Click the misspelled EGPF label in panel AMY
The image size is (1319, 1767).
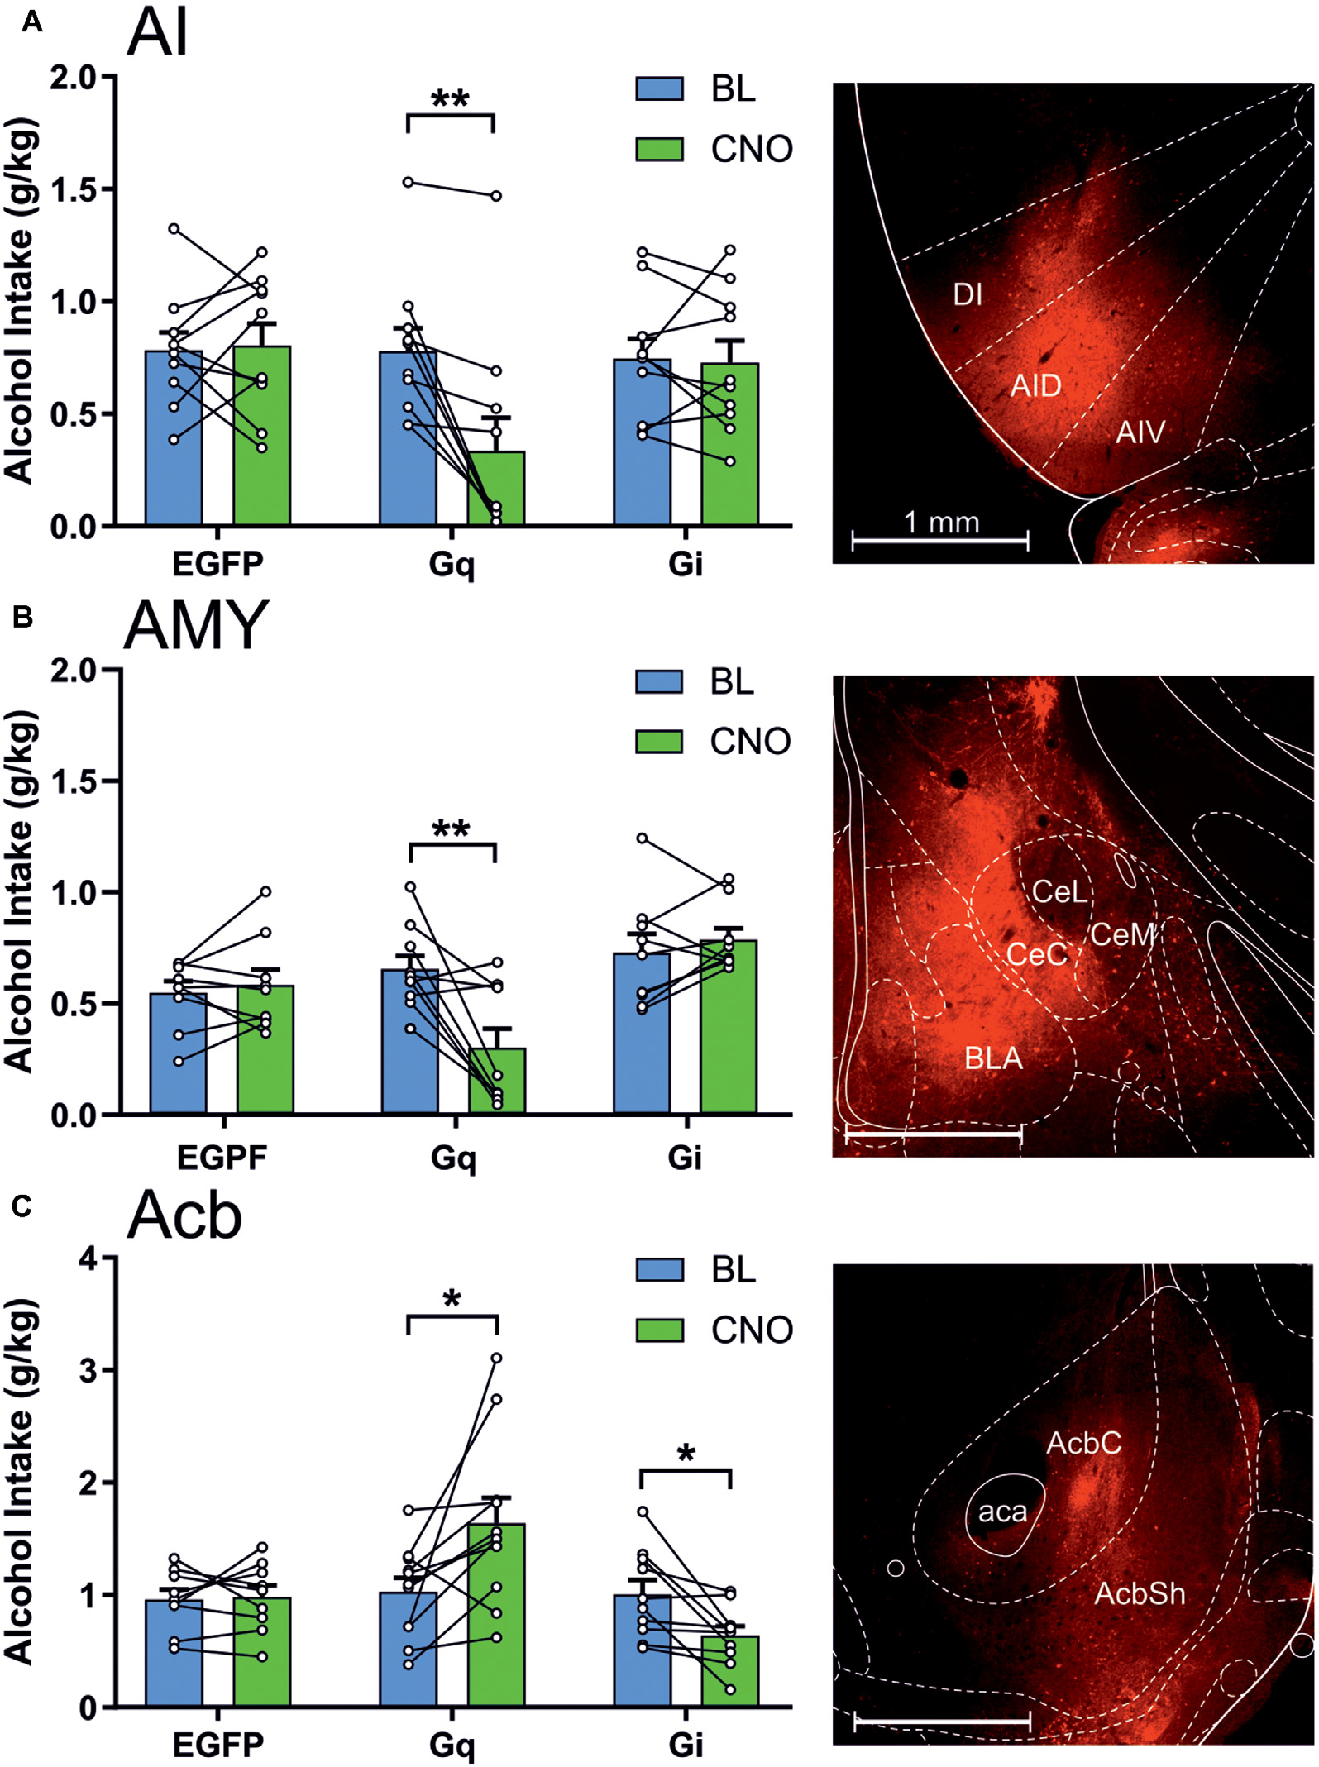point(222,1158)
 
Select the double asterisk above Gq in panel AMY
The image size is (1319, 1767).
point(452,829)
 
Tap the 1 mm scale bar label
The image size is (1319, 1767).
point(941,523)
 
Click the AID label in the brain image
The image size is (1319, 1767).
point(1035,386)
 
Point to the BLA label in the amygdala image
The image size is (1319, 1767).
point(993,1058)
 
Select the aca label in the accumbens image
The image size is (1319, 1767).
point(1002,1512)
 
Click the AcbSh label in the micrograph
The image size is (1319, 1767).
point(1140,1593)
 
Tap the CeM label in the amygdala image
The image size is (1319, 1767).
point(1122,934)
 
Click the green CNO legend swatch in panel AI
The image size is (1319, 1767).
point(659,150)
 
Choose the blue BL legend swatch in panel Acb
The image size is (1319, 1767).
point(659,1269)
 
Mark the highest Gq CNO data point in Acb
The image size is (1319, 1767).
point(496,1358)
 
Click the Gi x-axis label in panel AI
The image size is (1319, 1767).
point(686,564)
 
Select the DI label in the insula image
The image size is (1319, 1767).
point(968,294)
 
